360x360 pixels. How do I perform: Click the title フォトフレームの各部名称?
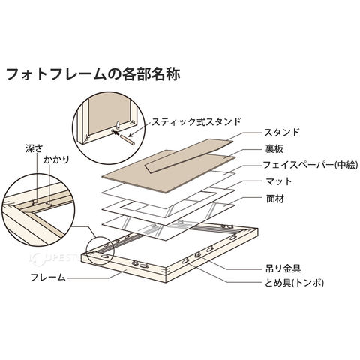93,73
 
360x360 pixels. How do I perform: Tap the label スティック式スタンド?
196,122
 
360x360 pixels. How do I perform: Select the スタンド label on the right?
282,132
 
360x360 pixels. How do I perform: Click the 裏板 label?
274,149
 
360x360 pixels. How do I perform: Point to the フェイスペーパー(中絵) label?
310,165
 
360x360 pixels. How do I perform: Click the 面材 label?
275,199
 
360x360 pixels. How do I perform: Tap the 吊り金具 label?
283,268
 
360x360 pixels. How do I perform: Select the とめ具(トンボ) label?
294,283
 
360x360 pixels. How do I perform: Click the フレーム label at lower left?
48,277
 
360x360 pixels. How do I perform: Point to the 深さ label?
34,149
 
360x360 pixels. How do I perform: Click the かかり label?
56,160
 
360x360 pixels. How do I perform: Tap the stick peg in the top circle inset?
127,140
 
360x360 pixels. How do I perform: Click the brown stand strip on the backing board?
189,156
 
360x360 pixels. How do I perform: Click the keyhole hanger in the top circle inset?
118,126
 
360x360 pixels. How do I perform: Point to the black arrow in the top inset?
115,133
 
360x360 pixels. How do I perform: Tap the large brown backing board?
169,172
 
